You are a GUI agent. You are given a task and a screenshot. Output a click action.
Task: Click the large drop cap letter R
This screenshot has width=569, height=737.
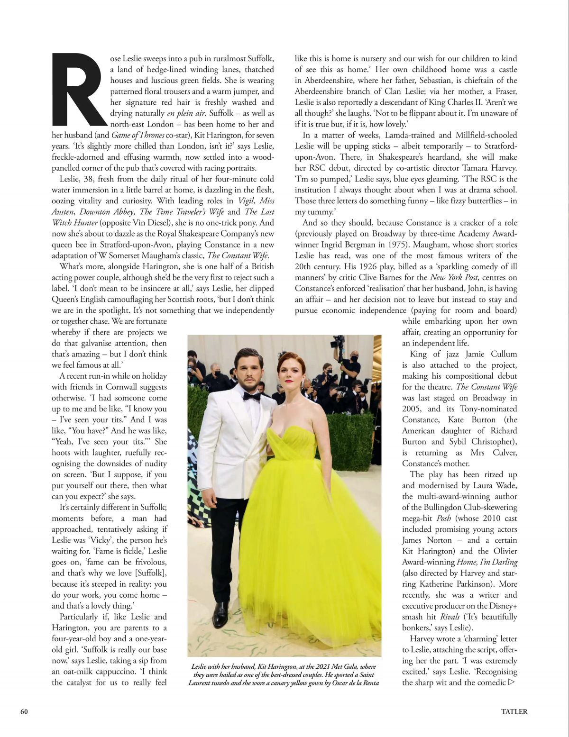[79, 90]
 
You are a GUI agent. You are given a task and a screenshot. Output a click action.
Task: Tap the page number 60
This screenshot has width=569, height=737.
[24, 711]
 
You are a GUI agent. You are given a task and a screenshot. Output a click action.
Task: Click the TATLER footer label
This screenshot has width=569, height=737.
[514, 711]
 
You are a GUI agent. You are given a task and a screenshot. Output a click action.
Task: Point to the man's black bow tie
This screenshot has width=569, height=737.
[251, 396]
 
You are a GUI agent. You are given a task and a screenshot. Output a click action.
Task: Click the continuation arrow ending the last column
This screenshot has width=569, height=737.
[511, 682]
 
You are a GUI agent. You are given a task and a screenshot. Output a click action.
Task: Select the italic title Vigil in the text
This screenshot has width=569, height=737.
[246, 201]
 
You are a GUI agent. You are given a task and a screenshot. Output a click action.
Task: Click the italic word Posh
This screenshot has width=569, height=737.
[443, 519]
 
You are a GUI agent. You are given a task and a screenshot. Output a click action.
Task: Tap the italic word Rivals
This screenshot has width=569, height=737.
[450, 617]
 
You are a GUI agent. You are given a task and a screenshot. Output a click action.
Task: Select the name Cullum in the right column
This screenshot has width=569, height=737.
[504, 355]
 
